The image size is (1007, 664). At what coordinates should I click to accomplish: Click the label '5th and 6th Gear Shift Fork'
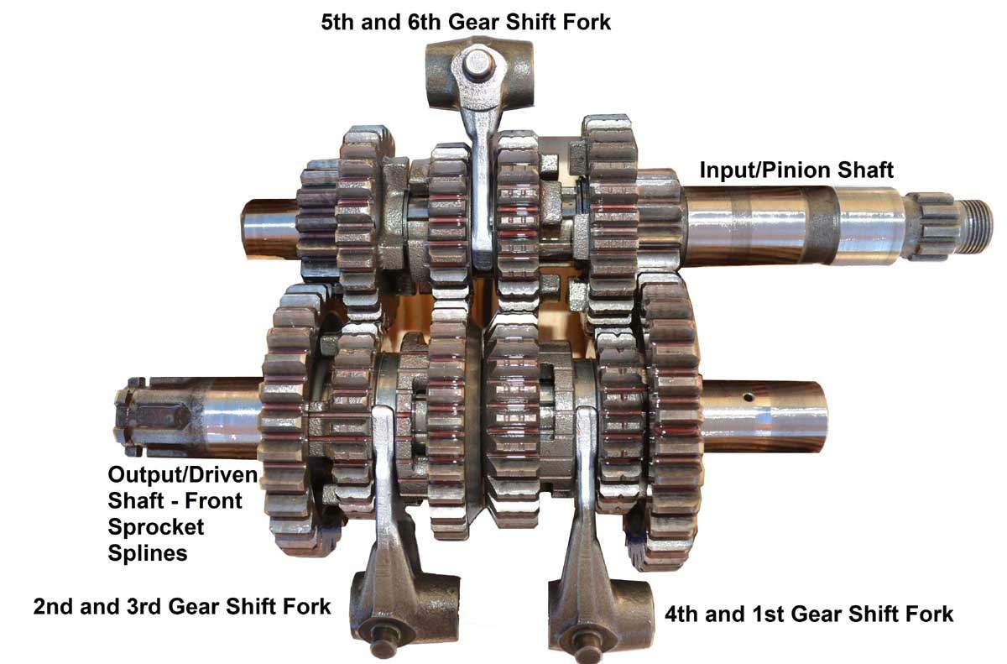(466, 21)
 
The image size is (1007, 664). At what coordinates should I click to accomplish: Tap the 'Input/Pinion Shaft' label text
(796, 170)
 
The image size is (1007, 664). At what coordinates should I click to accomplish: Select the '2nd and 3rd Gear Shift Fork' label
(182, 605)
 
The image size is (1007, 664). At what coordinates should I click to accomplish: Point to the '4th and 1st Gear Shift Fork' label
(809, 614)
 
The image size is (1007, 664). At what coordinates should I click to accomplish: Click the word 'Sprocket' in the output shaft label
(156, 528)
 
